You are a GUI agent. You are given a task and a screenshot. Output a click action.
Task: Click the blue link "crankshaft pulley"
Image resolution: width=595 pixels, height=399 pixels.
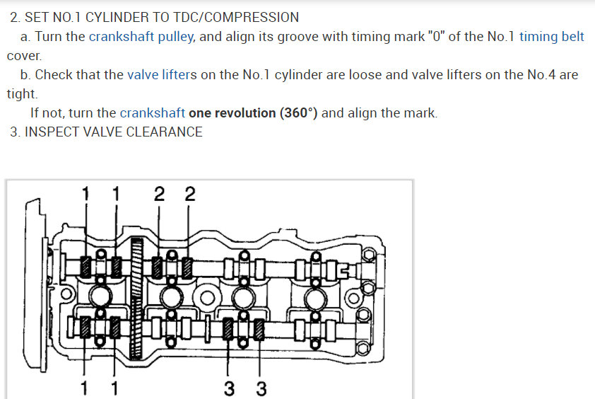[141, 37]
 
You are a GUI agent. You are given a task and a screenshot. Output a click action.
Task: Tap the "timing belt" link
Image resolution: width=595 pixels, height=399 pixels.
[552, 37]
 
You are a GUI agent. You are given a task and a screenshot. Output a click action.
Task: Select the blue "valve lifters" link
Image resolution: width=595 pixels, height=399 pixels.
[162, 74]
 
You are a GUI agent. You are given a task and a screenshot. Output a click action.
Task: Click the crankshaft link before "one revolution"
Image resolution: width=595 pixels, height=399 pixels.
[153, 113]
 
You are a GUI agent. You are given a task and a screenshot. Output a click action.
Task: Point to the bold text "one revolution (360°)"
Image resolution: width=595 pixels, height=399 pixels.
[253, 113]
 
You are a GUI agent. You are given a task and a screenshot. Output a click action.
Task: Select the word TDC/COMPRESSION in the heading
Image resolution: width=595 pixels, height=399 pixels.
[236, 17]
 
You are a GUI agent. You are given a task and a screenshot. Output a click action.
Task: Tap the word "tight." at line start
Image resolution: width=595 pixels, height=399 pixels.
[23, 94]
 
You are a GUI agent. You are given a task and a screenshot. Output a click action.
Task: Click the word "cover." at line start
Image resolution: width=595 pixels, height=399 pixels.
[24, 56]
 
